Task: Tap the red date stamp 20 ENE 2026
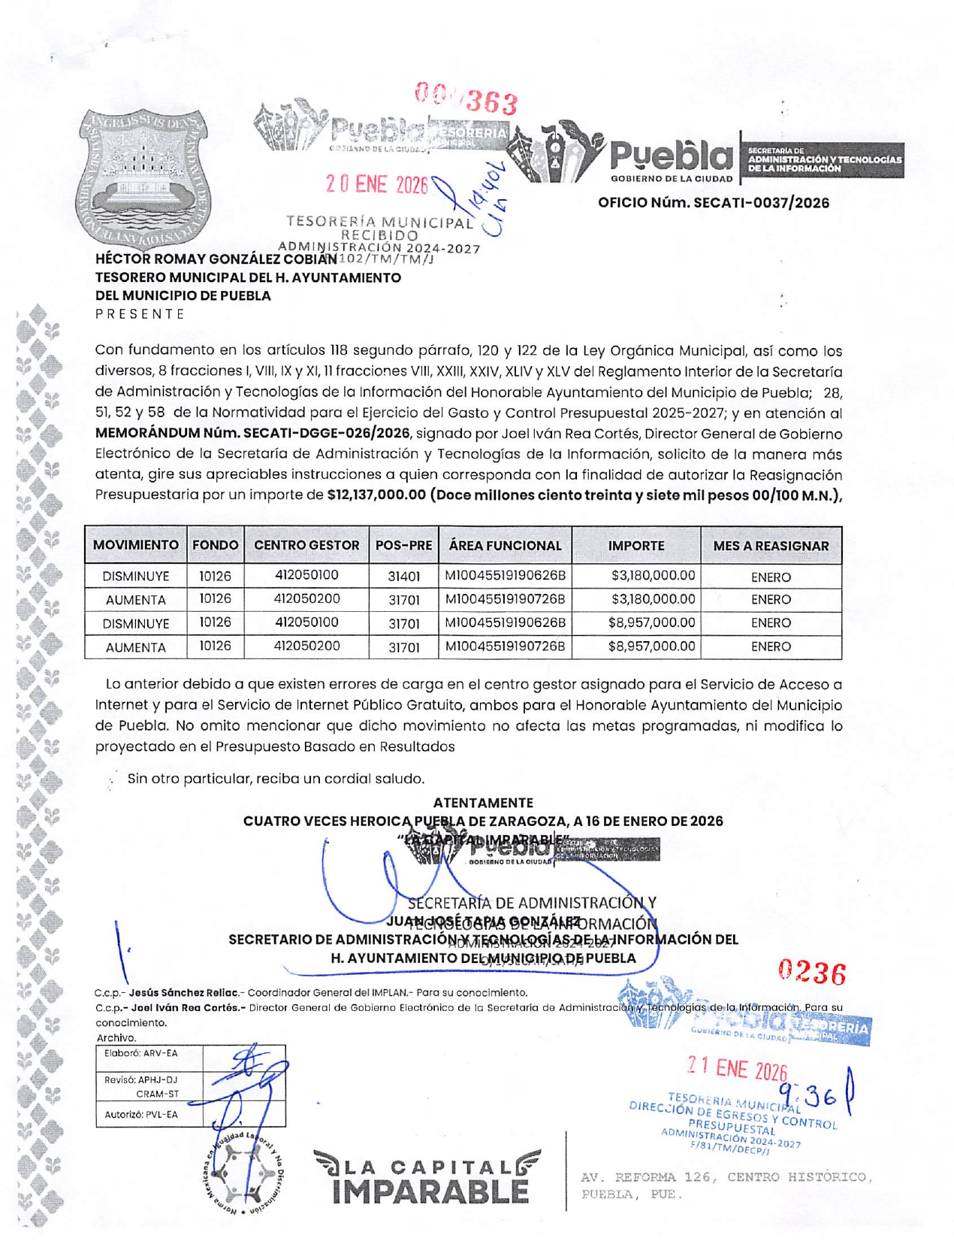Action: pyautogui.click(x=376, y=184)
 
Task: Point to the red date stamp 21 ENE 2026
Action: pyautogui.click(x=737, y=1069)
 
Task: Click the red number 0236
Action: pyautogui.click(x=812, y=973)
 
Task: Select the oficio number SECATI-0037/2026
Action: pyautogui.click(x=714, y=203)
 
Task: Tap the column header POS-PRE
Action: pyautogui.click(x=403, y=546)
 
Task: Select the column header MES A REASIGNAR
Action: pyautogui.click(x=770, y=546)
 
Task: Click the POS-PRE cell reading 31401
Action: pyautogui.click(x=403, y=577)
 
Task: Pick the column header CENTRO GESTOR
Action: pyautogui.click(x=306, y=546)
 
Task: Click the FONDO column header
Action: pyautogui.click(x=216, y=546)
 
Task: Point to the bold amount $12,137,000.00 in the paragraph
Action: pyautogui.click(x=376, y=495)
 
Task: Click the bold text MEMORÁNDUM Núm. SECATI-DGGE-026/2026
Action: pyautogui.click(x=252, y=434)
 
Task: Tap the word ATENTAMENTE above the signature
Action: pyautogui.click(x=483, y=803)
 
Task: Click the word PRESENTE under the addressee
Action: pyautogui.click(x=140, y=314)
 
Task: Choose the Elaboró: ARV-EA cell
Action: pyautogui.click(x=141, y=1053)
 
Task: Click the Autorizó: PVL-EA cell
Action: pyautogui.click(x=141, y=1114)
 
